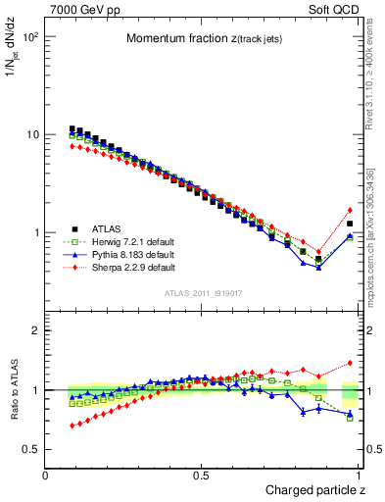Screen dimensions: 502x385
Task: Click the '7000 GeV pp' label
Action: [x=81, y=9]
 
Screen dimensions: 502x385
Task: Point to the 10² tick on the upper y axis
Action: [x=29, y=37]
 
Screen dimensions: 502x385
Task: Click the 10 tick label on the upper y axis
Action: [x=31, y=134]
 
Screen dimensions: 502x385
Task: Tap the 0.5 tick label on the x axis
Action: [x=201, y=476]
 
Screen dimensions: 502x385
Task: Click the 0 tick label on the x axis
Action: [x=46, y=476]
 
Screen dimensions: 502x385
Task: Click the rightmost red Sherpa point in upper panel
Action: [x=350, y=210]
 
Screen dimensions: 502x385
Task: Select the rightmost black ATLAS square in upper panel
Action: [x=350, y=224]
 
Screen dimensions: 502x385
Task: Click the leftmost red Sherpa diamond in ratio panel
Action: [x=72, y=426]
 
